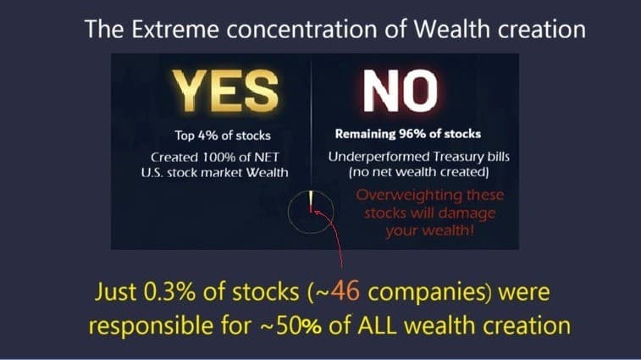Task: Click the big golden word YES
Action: click(x=225, y=91)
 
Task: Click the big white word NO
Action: click(x=401, y=91)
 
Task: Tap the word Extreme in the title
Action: click(x=175, y=29)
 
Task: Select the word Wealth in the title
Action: click(x=451, y=29)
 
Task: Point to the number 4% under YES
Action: click(x=207, y=136)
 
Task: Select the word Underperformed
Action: click(x=379, y=157)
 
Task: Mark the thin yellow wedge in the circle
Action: click(x=311, y=198)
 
